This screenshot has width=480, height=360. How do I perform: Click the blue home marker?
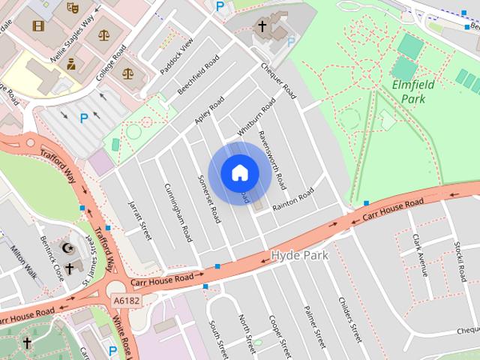239,173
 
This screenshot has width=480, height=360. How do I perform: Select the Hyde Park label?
300,256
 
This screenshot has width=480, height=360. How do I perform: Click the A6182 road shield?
127,300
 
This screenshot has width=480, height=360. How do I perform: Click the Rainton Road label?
293,199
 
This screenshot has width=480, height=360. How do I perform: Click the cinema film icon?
38,25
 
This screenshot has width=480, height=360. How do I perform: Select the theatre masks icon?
72,7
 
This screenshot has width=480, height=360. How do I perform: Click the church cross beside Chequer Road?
262,26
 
